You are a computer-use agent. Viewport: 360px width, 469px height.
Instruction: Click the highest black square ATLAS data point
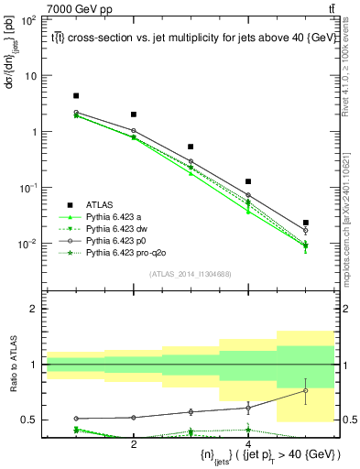pyautogui.click(x=76, y=96)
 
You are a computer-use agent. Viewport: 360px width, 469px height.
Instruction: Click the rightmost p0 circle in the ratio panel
pyautogui.click(x=306, y=391)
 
